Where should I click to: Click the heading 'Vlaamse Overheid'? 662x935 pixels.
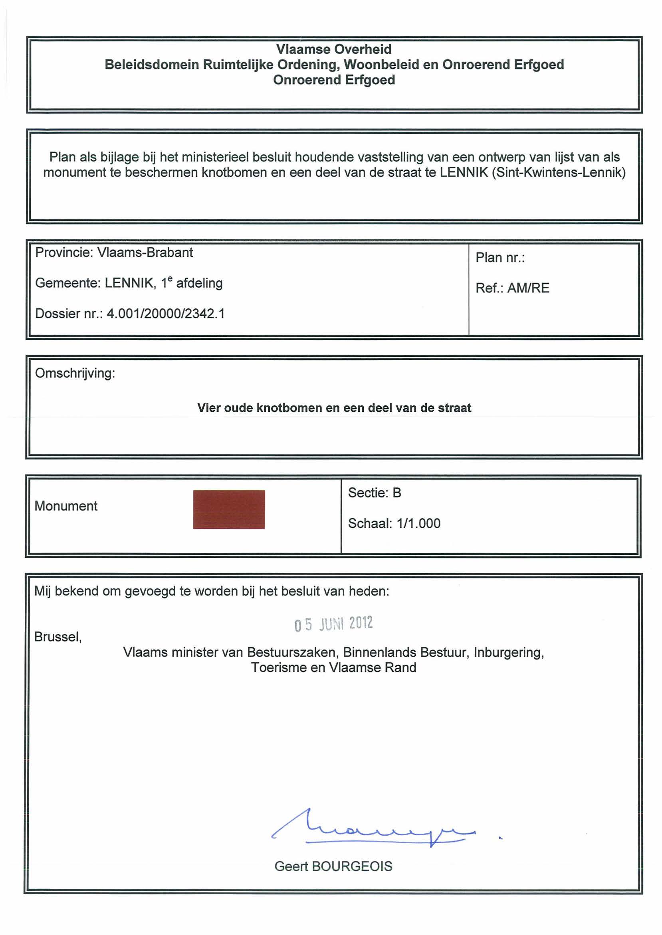click(333, 49)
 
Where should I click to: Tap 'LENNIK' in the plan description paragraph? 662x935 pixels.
click(464, 172)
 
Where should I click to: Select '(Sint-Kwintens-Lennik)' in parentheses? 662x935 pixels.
click(559, 172)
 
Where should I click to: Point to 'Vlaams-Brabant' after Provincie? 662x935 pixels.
click(145, 252)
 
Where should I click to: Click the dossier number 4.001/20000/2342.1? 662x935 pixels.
click(165, 314)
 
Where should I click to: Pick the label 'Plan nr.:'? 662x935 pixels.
click(500, 257)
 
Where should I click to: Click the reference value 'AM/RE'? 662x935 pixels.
click(528, 288)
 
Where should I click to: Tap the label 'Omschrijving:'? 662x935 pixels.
click(75, 373)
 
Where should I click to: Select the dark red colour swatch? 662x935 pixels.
click(229, 509)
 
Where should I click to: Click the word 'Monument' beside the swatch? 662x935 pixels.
click(66, 506)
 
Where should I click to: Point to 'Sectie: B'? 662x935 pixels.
click(374, 493)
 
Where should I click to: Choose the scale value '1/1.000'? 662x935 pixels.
click(418, 523)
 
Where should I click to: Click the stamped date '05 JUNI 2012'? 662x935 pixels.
click(333, 624)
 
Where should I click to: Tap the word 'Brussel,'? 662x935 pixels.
click(58, 637)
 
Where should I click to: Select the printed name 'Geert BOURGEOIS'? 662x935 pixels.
click(333, 866)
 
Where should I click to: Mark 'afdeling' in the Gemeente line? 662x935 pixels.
click(199, 283)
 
